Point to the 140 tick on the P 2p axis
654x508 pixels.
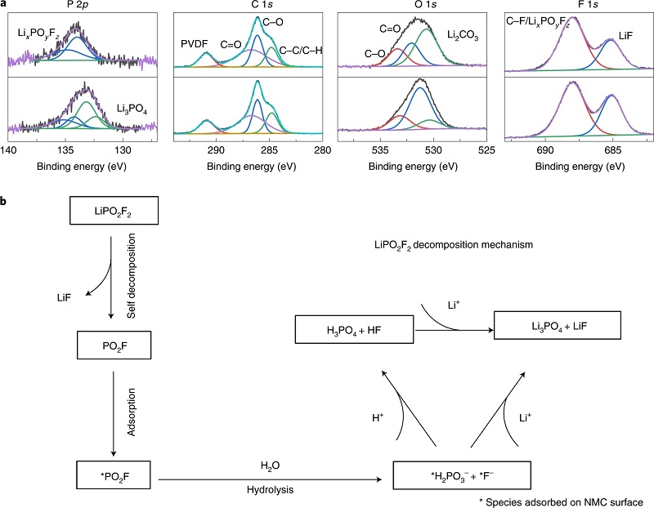point(9,151)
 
